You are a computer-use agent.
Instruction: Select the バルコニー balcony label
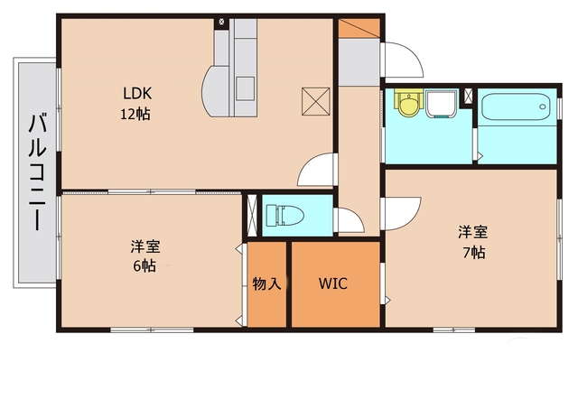coord(38,172)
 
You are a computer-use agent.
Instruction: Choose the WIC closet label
coord(333,283)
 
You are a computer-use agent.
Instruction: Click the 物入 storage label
coord(267,284)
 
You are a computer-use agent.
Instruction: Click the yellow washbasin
coord(408,105)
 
